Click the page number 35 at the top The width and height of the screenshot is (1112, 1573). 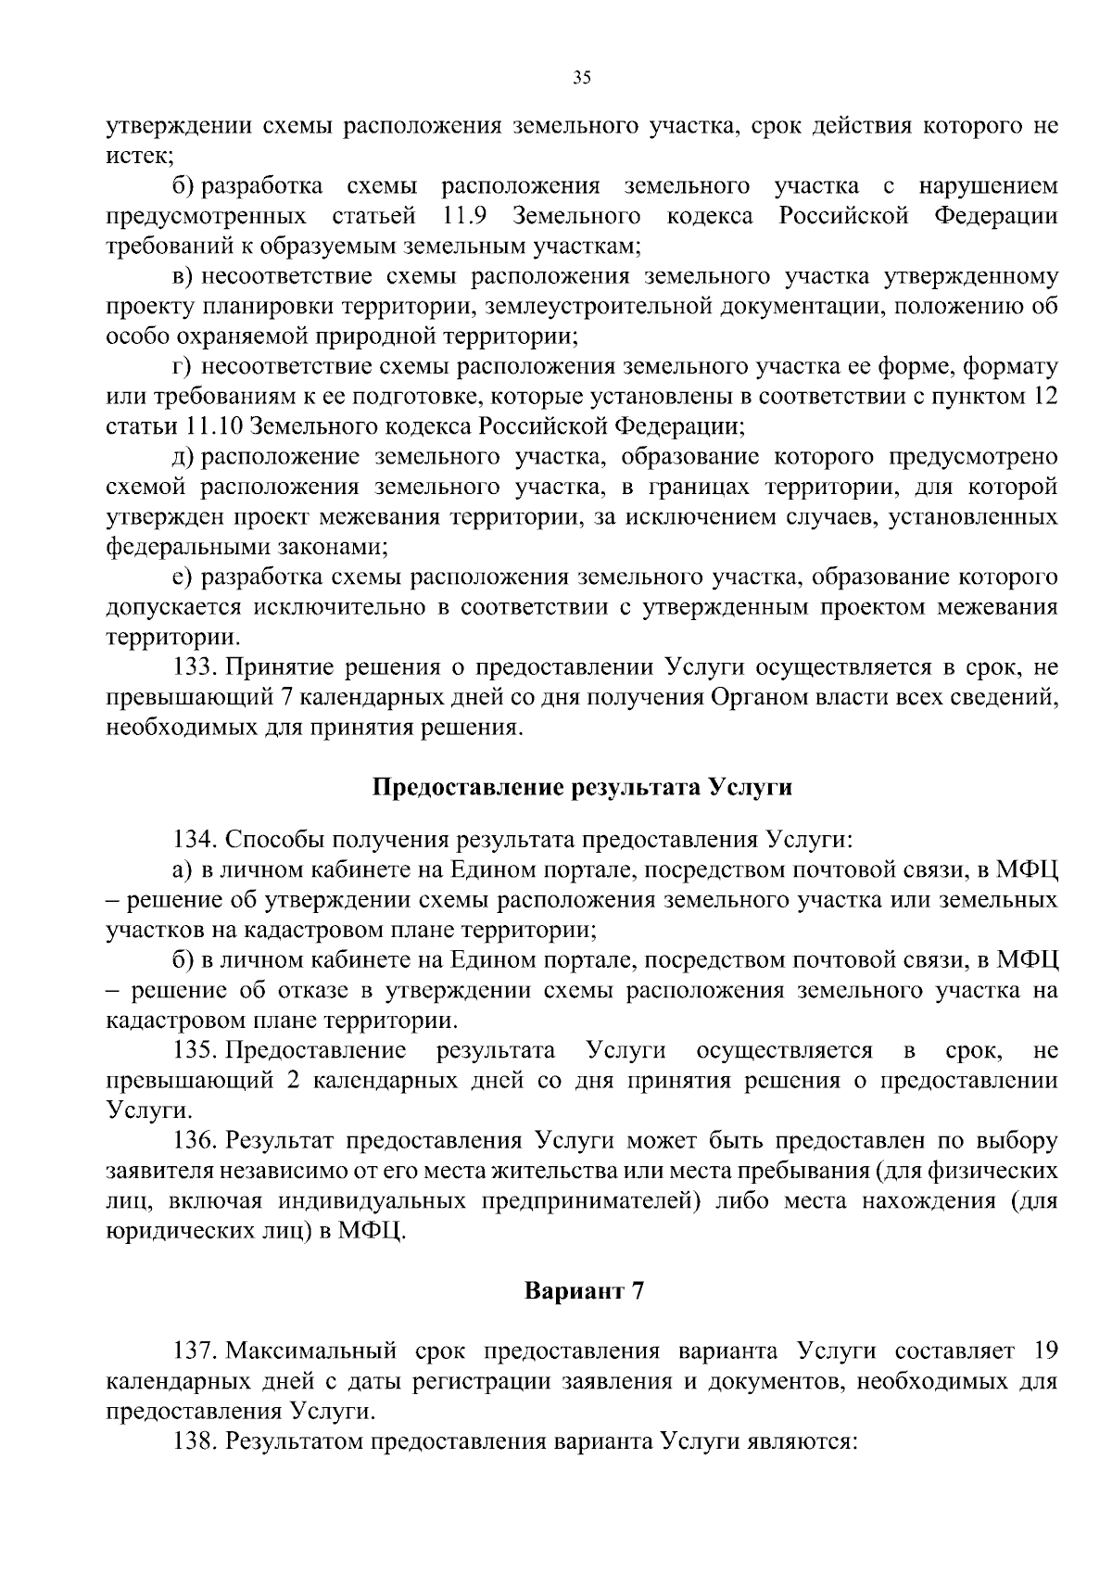pos(582,78)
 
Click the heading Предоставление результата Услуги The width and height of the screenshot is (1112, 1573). pos(582,787)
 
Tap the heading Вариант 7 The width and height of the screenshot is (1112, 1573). pos(584,1291)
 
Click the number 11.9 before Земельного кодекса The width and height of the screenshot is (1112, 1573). pos(460,217)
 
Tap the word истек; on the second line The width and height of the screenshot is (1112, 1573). pos(134,157)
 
